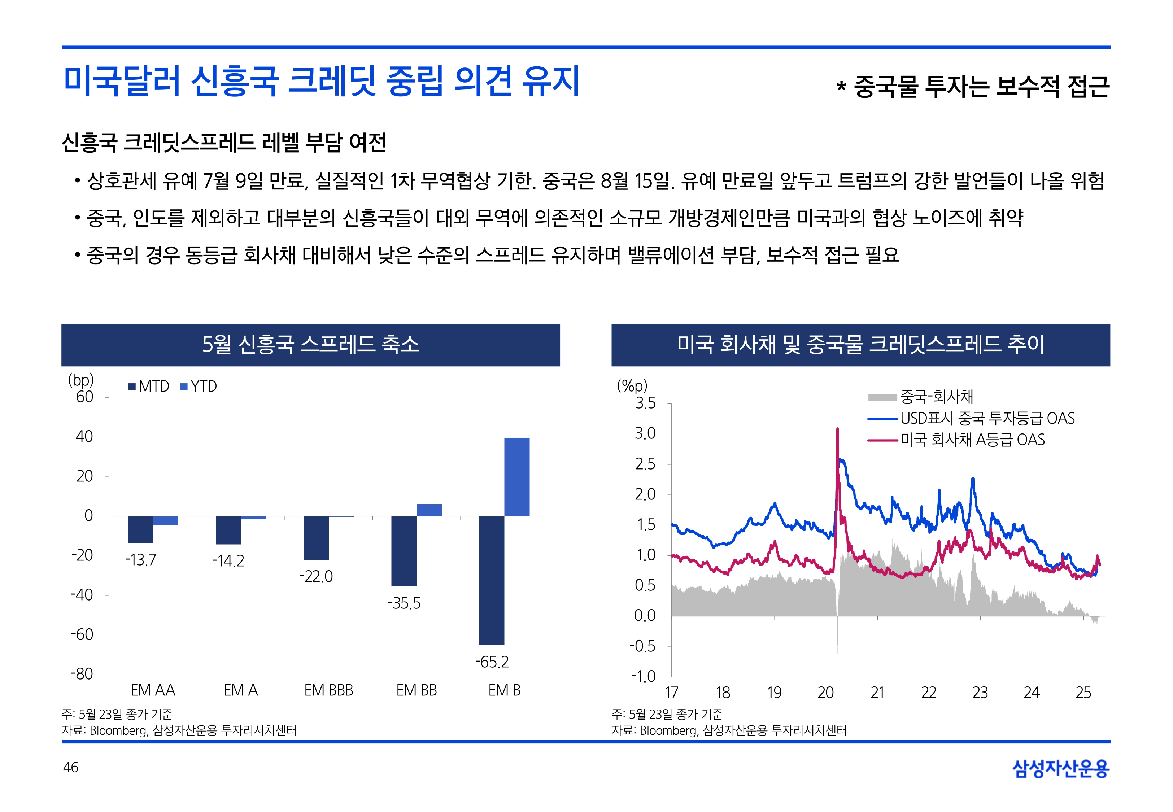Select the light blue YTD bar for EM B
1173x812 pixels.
[x=517, y=477]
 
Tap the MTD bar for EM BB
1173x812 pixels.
[x=404, y=551]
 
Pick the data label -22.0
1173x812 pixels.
[x=316, y=576]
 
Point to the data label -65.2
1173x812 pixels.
[x=492, y=662]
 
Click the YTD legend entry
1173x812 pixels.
[x=199, y=387]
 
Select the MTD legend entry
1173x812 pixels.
[x=149, y=387]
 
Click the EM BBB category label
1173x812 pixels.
[x=328, y=690]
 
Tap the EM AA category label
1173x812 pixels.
[x=153, y=690]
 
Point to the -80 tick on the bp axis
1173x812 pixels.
[x=82, y=674]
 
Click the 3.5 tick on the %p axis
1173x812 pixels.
[x=645, y=403]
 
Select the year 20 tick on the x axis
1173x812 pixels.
[x=825, y=693]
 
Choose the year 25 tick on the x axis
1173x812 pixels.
[x=1083, y=693]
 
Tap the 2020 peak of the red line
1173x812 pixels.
[x=837, y=430]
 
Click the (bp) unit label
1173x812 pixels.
[x=81, y=380]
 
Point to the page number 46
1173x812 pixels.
[x=71, y=767]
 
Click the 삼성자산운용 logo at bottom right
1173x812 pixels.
[x=1061, y=768]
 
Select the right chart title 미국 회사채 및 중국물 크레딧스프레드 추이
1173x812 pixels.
[x=860, y=344]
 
